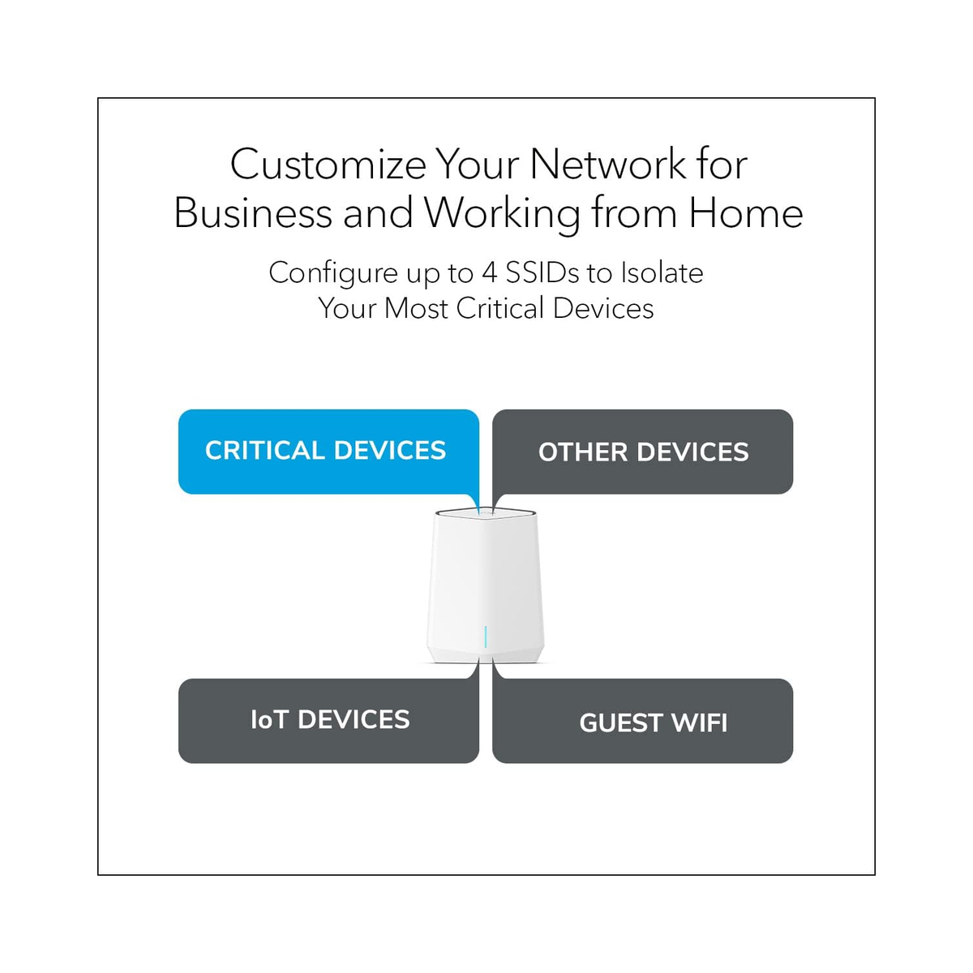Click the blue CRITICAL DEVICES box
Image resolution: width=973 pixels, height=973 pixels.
(x=328, y=452)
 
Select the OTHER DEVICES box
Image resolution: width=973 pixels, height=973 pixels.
(x=642, y=452)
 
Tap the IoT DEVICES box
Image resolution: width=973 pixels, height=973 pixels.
(x=328, y=721)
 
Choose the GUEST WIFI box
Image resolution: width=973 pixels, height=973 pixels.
(x=642, y=721)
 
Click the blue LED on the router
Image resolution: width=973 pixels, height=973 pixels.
(x=485, y=637)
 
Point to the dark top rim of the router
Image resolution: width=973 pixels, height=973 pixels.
(x=485, y=513)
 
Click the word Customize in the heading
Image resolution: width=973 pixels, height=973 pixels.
(x=328, y=165)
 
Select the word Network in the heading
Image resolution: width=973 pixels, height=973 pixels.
(x=608, y=165)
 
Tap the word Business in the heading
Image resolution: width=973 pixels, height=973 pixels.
(x=252, y=213)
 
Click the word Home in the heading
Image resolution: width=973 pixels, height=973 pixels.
(x=746, y=213)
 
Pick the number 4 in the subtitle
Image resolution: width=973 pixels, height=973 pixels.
(x=489, y=273)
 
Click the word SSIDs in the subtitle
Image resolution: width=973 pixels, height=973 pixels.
(x=542, y=273)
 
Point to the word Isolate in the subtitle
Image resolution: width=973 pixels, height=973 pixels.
(x=662, y=273)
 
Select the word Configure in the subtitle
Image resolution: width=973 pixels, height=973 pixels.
(x=333, y=274)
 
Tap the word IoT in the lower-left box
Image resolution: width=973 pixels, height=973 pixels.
(x=269, y=720)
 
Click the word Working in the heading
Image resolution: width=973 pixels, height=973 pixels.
(x=502, y=214)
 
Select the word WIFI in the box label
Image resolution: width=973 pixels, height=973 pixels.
(x=699, y=723)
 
